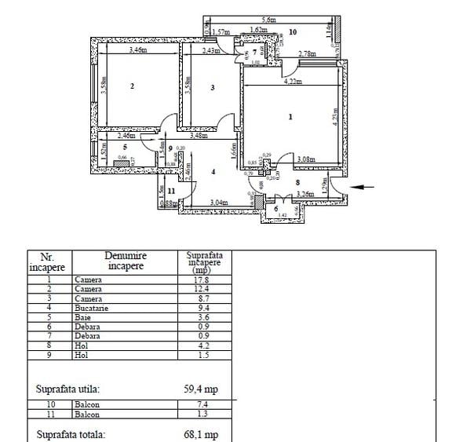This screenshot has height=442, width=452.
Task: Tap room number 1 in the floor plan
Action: pyautogui.click(x=290, y=117)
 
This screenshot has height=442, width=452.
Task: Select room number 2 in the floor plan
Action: pyautogui.click(x=132, y=86)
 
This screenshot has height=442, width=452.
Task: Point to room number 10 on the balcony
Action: pyautogui.click(x=292, y=32)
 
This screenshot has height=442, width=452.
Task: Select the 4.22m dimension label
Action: pyautogui.click(x=291, y=80)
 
